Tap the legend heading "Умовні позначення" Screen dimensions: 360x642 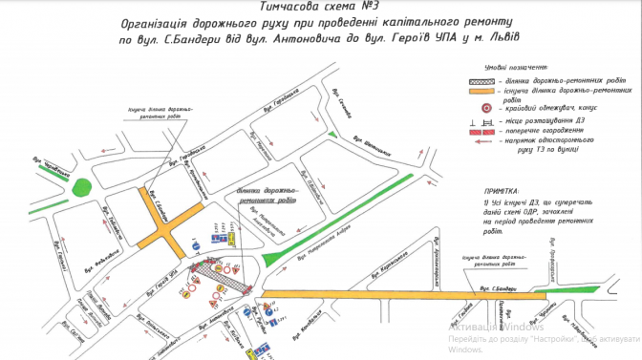click(516, 69)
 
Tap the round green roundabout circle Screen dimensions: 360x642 click(84, 186)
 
